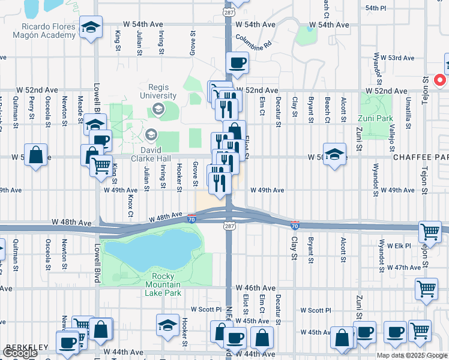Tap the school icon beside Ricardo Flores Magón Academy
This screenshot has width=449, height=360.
point(91,28)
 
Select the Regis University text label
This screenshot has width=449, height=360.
point(158,91)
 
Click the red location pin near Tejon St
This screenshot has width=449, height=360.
point(439,80)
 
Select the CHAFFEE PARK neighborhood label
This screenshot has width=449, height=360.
point(421,157)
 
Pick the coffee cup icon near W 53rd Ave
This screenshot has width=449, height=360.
point(238,62)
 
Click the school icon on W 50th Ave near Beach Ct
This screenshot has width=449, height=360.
point(334,152)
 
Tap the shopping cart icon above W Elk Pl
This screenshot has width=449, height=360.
point(429,231)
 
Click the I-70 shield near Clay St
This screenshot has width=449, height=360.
point(294,225)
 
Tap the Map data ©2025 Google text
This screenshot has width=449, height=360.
point(412,355)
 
